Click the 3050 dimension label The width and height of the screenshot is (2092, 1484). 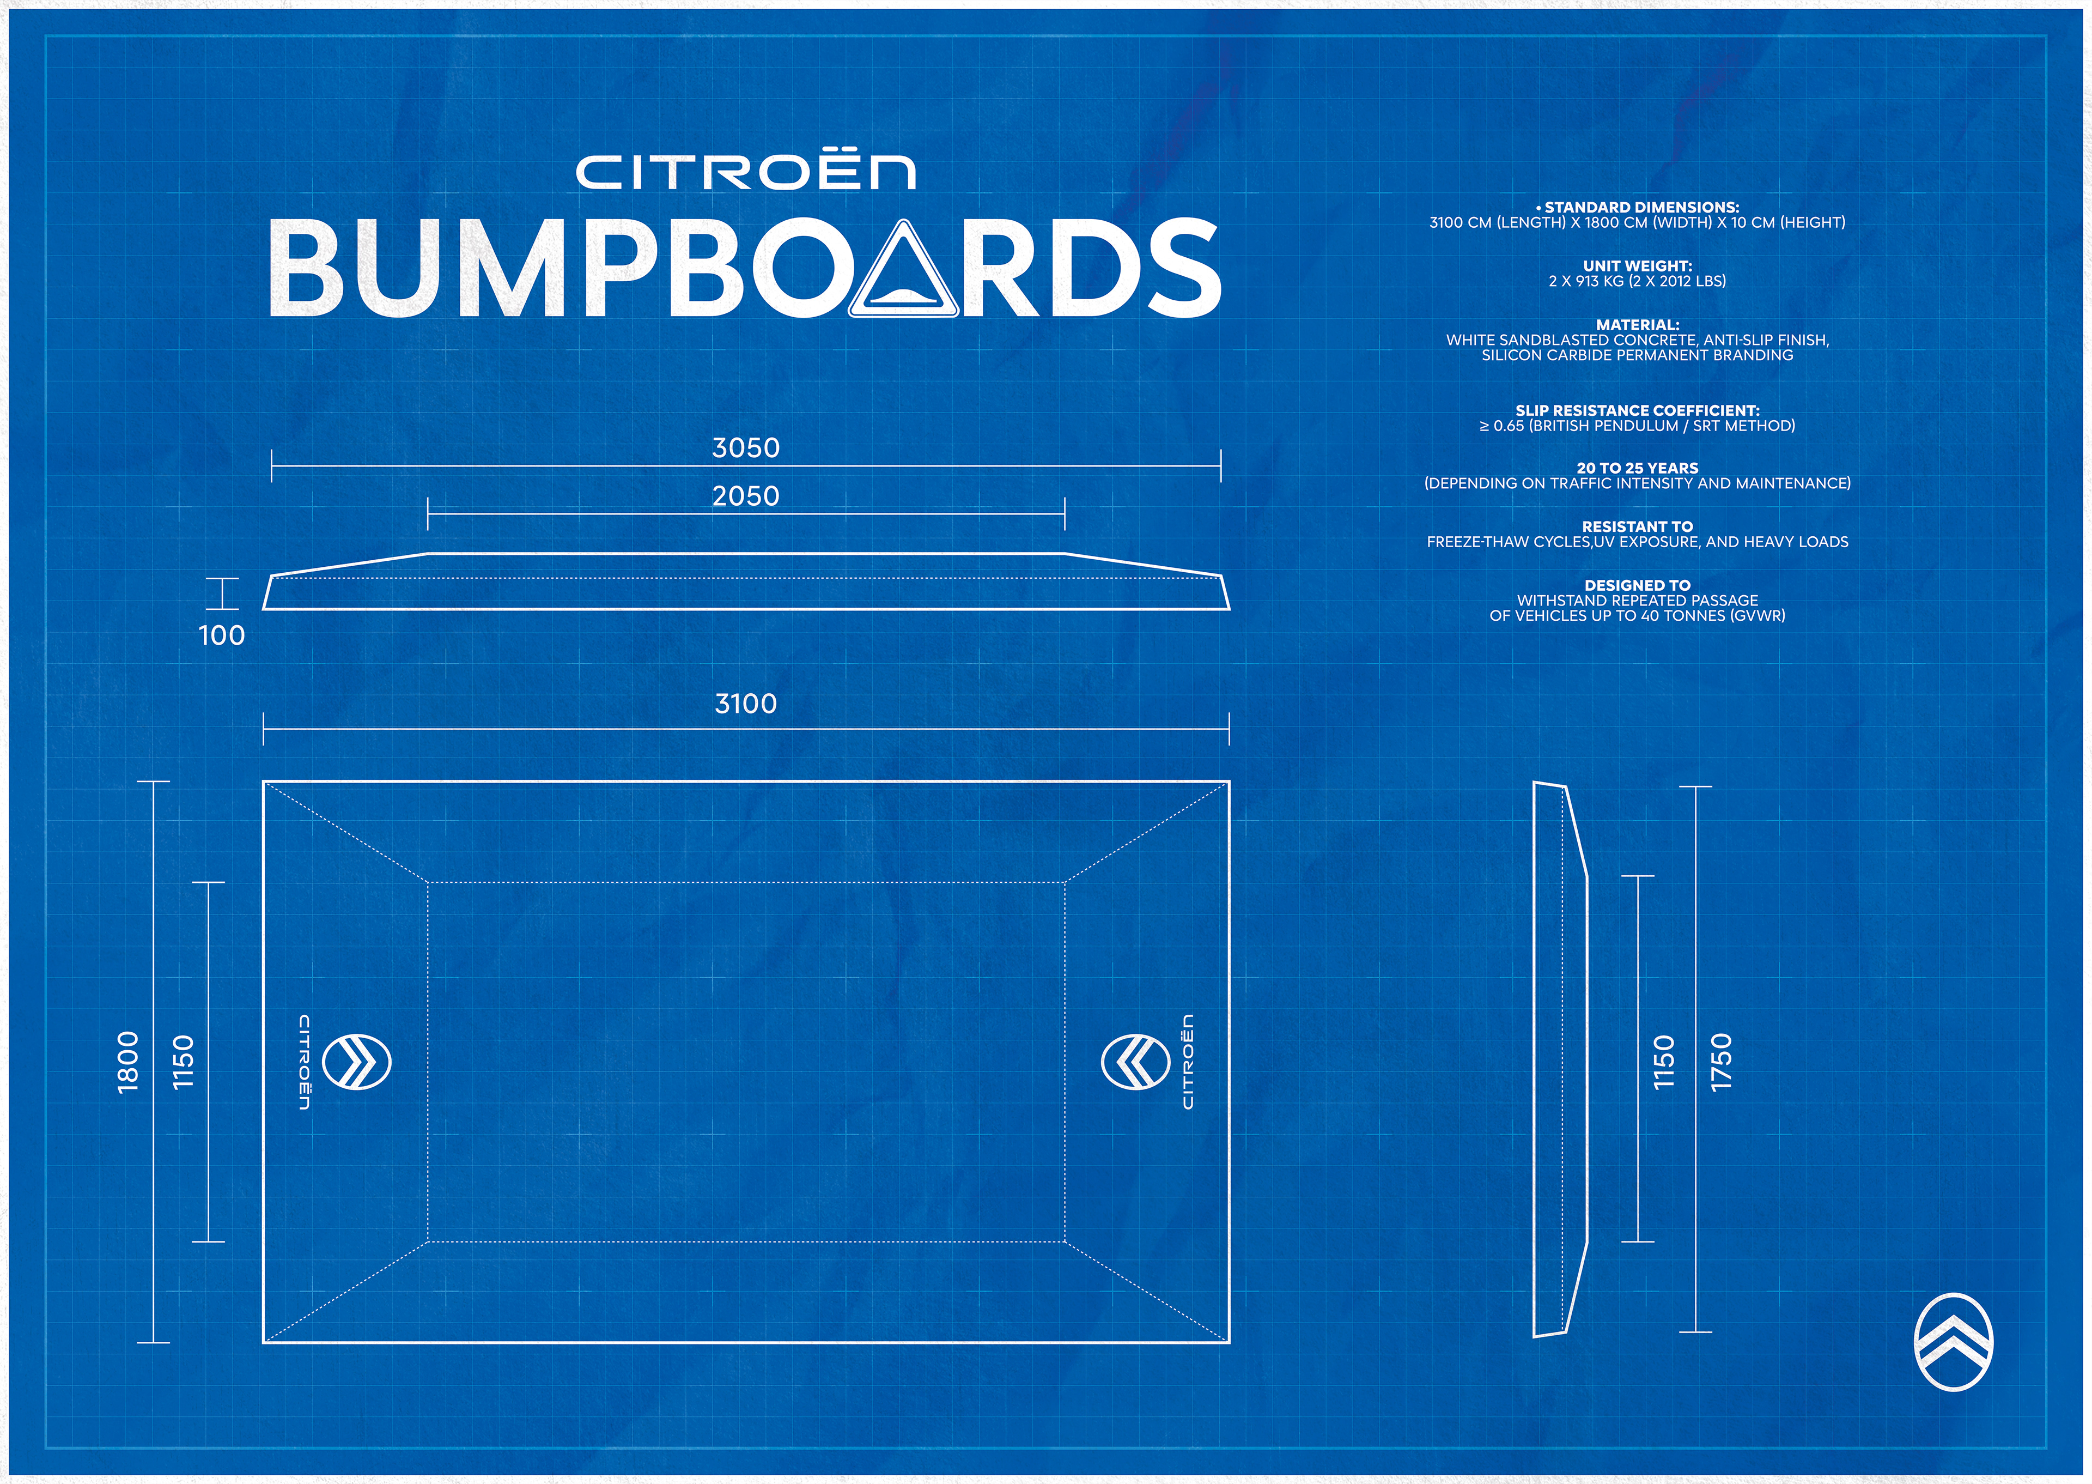tap(745, 448)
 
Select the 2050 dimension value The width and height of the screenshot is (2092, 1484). tap(745, 496)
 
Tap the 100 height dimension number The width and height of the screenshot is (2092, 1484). tap(222, 635)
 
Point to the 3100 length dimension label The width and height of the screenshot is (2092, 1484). tap(745, 704)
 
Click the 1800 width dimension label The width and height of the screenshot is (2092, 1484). tap(129, 1061)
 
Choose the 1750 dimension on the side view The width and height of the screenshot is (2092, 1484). tap(1721, 1061)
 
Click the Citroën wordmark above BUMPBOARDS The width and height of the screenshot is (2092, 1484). tap(745, 173)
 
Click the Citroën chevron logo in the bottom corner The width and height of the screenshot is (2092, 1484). tap(1953, 1341)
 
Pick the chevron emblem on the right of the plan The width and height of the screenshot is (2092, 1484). tap(1135, 1062)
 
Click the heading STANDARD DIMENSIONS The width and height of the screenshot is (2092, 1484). tap(1641, 208)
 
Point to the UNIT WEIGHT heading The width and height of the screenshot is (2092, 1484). tap(1637, 266)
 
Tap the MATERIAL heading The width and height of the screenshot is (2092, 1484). tap(1637, 324)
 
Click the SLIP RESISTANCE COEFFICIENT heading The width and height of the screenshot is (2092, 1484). tap(1637, 410)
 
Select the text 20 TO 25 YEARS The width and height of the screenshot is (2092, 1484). tap(1637, 468)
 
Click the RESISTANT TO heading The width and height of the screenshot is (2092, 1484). tap(1637, 526)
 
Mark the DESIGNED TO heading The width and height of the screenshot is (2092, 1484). tap(1637, 585)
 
